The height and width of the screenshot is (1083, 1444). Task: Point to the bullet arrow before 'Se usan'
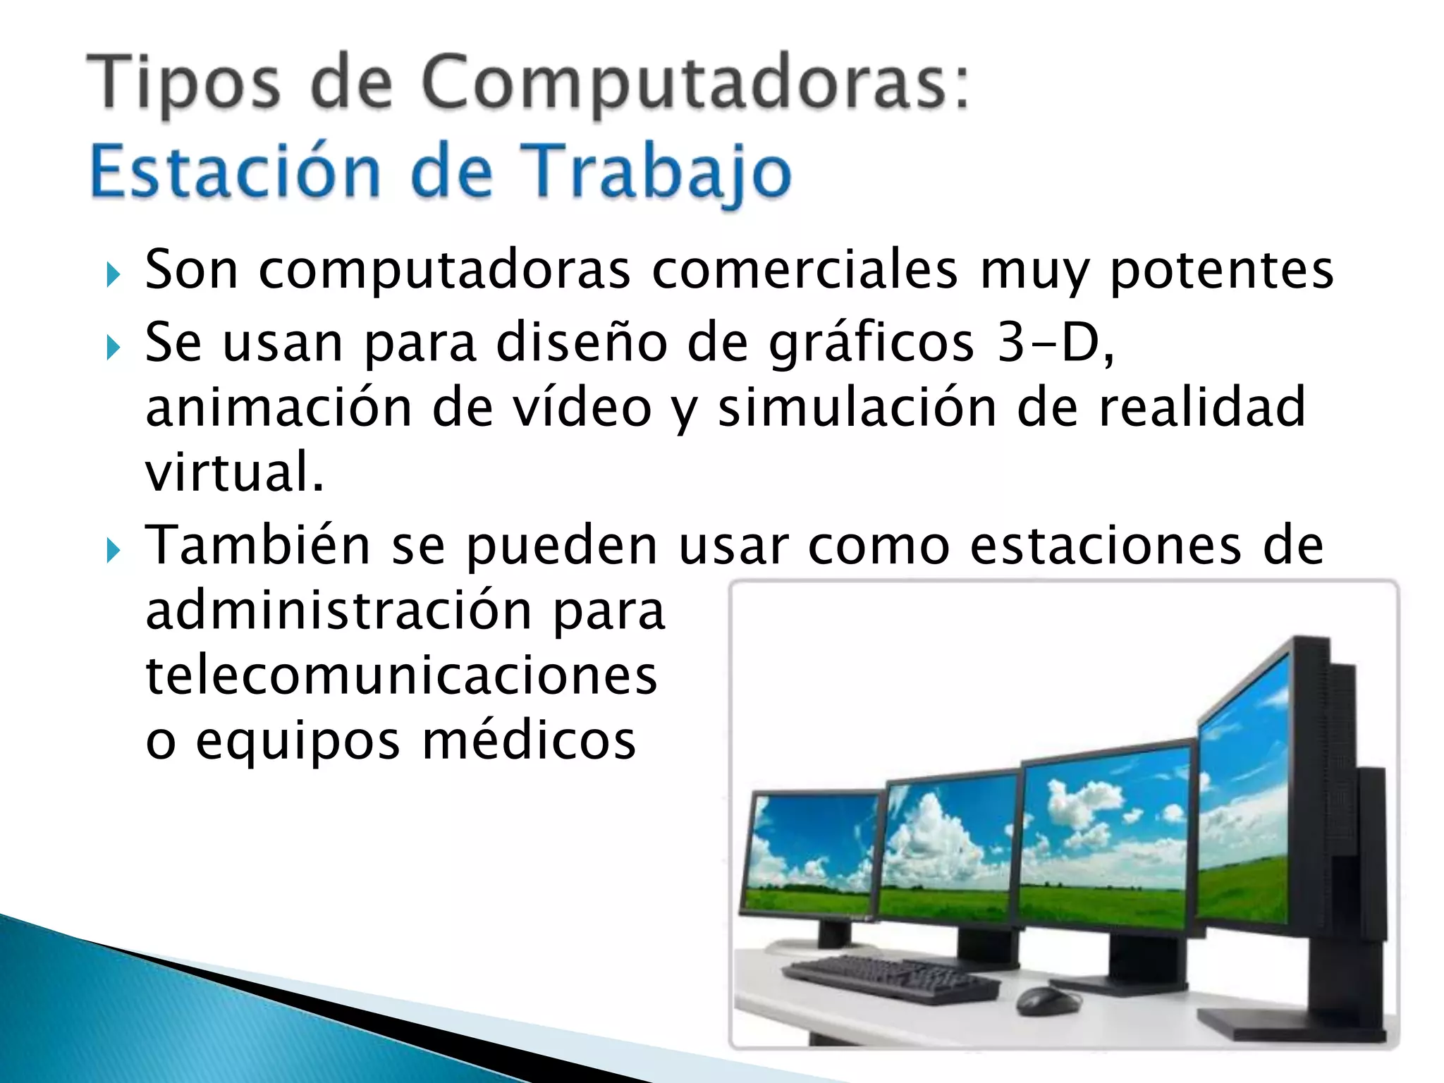pos(114,348)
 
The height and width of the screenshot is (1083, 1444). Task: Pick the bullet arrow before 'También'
pos(114,551)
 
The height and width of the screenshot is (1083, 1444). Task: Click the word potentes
pos(1221,271)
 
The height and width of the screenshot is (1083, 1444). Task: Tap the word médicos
pos(529,742)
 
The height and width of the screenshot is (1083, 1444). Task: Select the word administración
pos(338,611)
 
